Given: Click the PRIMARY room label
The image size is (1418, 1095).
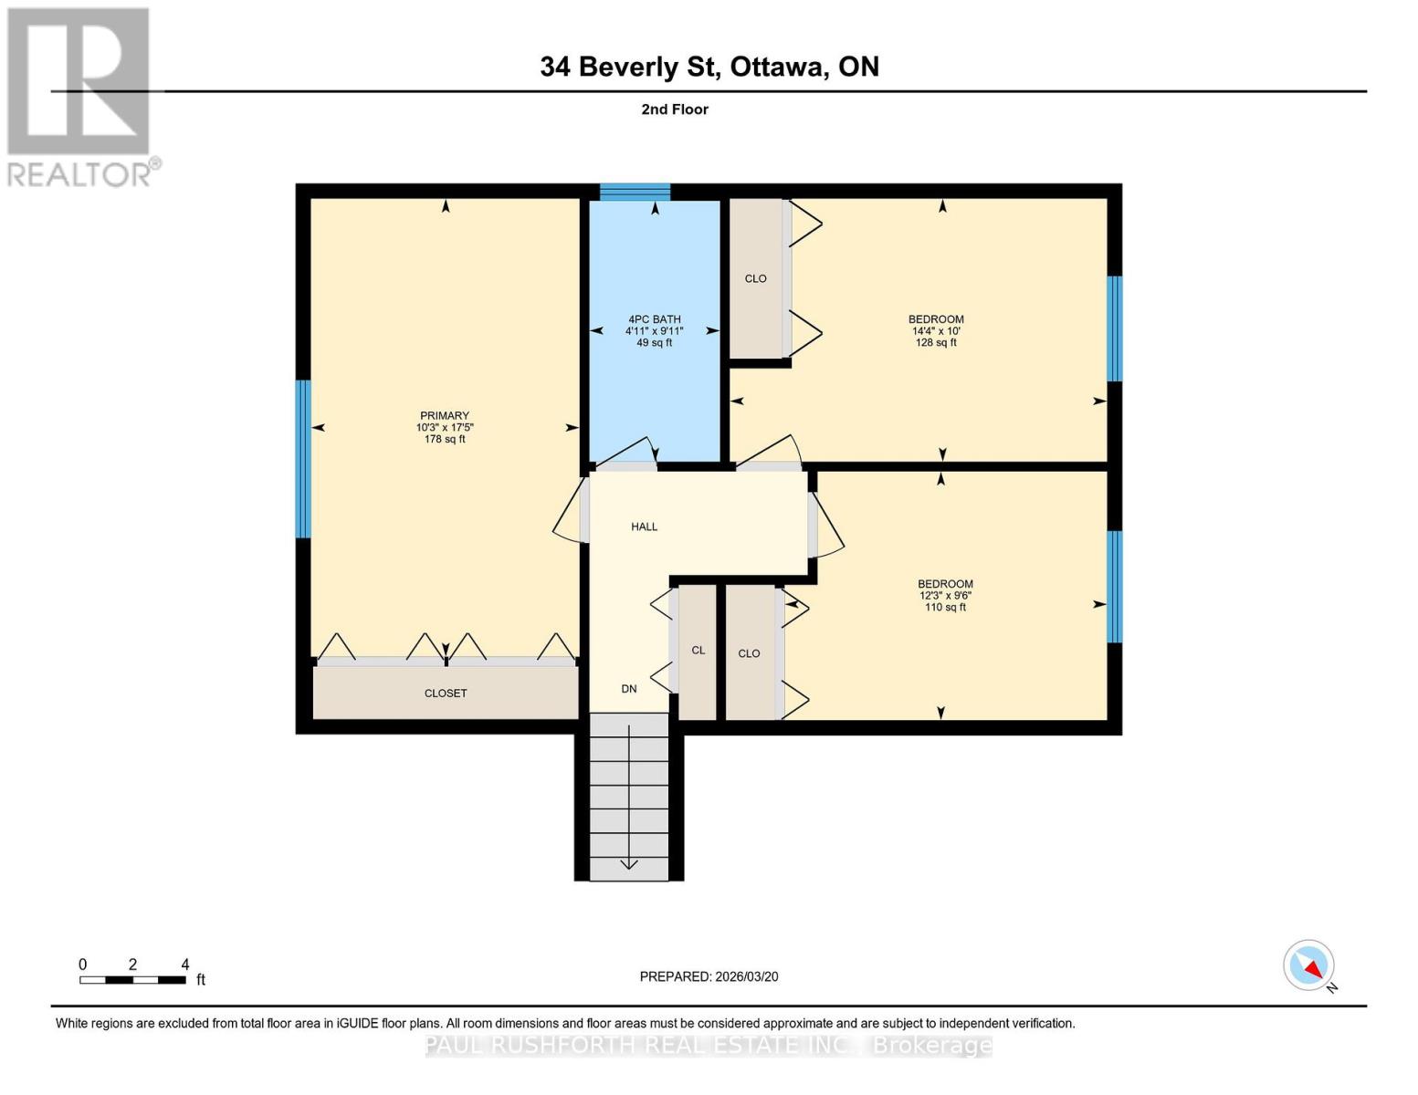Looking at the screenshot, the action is click(x=445, y=415).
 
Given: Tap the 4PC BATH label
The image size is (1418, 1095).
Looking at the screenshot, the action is click(x=655, y=318).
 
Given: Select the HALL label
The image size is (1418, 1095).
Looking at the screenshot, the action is click(x=644, y=527).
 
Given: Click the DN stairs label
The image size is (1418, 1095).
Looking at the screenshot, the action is click(x=629, y=689).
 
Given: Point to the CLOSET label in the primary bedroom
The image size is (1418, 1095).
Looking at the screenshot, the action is click(x=446, y=693).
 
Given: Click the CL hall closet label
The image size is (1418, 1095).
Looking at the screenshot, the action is click(x=698, y=651).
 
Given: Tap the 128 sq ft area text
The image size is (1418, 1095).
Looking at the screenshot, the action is click(x=937, y=342).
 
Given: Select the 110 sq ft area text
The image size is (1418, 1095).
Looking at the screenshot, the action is click(x=946, y=607).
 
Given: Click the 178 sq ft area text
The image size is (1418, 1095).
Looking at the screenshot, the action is click(x=445, y=439).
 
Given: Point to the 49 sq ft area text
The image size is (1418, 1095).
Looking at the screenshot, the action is click(x=655, y=342).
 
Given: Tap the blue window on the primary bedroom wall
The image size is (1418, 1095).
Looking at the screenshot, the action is click(x=303, y=459).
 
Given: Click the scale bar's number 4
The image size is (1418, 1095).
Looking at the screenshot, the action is click(x=185, y=965).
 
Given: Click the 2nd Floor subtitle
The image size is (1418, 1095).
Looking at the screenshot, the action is click(x=675, y=109).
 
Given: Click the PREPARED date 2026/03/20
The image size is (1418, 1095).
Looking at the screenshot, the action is click(x=747, y=976).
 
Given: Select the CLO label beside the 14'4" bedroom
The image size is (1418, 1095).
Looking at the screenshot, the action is click(x=756, y=278).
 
